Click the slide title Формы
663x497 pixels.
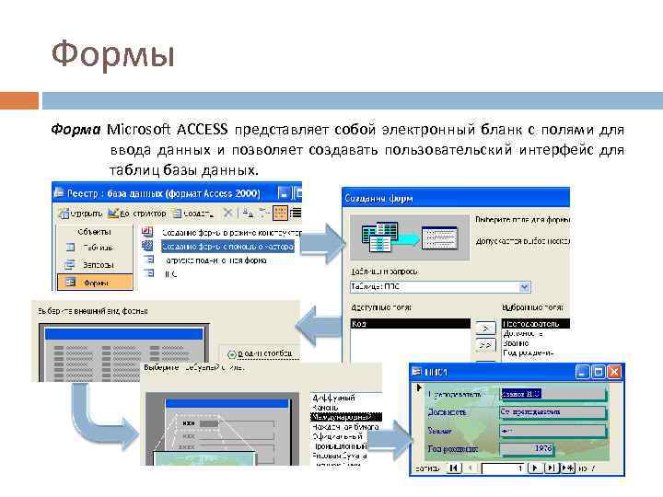click(112, 55)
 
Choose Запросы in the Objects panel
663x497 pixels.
click(96, 264)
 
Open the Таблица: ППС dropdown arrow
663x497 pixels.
click(524, 287)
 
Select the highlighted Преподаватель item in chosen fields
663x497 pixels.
click(534, 324)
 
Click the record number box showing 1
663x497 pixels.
click(506, 468)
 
